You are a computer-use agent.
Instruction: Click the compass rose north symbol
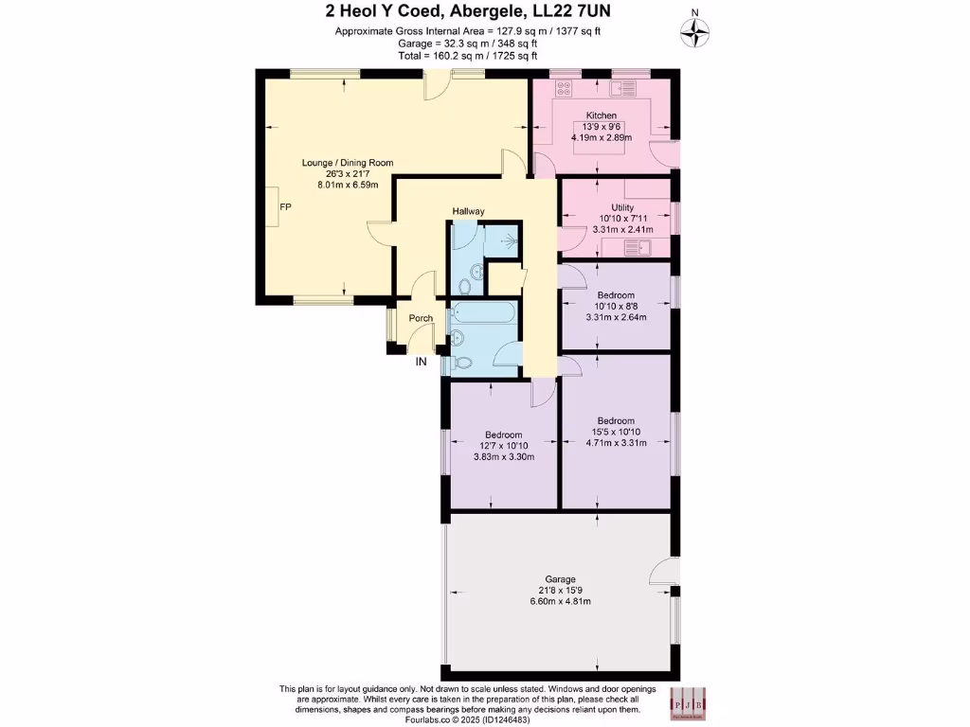tap(696, 33)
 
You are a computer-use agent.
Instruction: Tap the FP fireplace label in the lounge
tap(284, 206)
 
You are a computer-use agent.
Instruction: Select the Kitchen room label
tap(602, 115)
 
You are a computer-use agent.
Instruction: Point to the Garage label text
tap(560, 579)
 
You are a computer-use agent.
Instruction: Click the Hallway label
tap(468, 211)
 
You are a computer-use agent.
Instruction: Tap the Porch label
tap(421, 318)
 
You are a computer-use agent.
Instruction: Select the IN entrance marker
tap(421, 361)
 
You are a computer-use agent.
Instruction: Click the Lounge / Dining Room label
tap(347, 163)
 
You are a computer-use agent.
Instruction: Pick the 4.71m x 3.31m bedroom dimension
tap(616, 443)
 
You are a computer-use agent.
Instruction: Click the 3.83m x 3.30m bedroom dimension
tap(504, 457)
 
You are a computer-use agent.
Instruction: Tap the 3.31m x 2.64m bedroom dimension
tap(616, 317)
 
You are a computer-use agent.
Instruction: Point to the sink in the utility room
tap(638, 248)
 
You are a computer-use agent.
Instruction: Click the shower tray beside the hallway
tap(500, 240)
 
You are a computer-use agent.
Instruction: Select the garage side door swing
tap(665, 572)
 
